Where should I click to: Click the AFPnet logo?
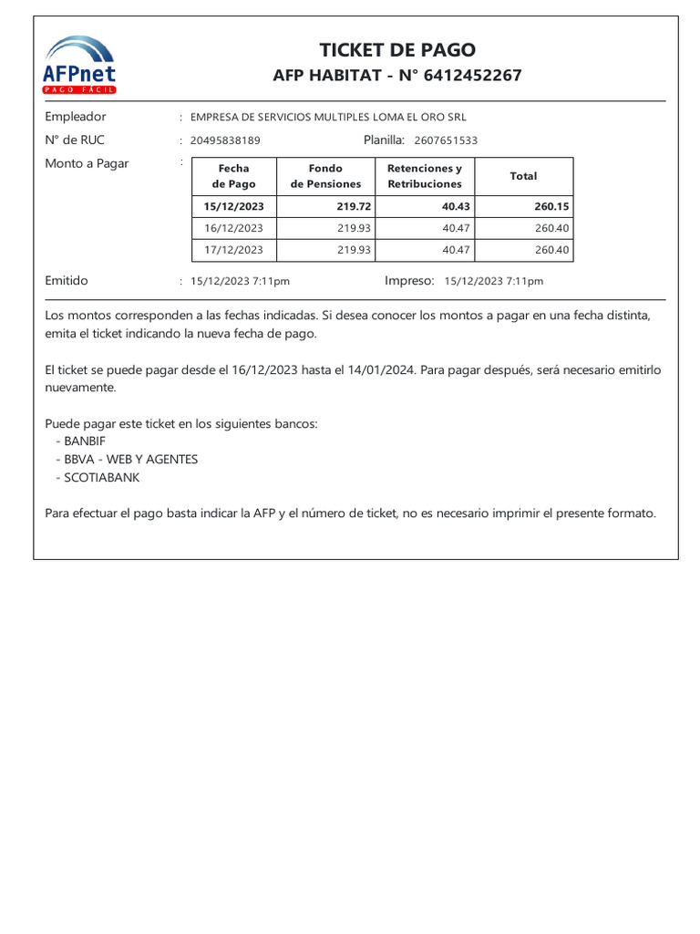point(80,65)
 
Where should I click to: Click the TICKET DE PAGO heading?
point(397,50)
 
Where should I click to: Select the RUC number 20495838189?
point(225,140)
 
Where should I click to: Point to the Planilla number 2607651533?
point(446,140)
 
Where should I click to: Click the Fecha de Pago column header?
point(234,176)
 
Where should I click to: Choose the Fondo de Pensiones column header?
point(325,176)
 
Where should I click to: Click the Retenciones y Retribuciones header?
point(425,176)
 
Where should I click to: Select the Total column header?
point(523,176)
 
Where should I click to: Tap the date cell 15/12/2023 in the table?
point(234,207)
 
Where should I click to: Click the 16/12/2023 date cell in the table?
point(234,228)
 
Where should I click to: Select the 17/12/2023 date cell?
point(234,250)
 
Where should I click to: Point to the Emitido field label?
point(67,281)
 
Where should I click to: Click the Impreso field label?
point(409,281)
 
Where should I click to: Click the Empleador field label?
point(76,117)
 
